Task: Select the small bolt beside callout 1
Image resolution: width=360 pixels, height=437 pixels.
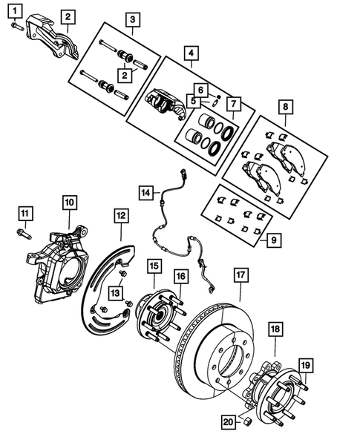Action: click(x=16, y=27)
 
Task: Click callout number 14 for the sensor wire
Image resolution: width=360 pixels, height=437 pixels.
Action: click(x=146, y=193)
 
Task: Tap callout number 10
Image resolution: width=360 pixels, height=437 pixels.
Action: click(x=68, y=202)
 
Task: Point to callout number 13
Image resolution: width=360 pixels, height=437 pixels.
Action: click(x=115, y=295)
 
